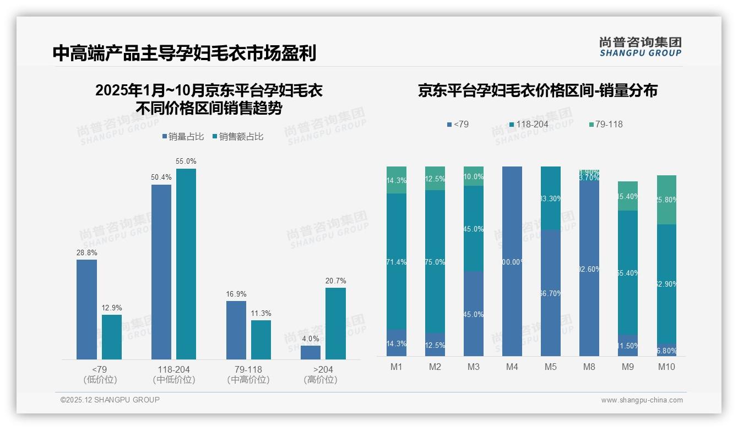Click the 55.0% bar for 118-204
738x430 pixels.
click(x=186, y=264)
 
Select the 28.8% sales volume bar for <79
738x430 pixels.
click(x=86, y=309)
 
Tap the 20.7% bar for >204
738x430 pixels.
click(x=335, y=324)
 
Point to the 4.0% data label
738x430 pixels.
click(x=311, y=338)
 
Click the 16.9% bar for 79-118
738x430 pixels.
click(x=236, y=330)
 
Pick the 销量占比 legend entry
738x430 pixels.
click(x=183, y=137)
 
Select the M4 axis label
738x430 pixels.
click(x=512, y=367)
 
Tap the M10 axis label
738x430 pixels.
click(x=666, y=367)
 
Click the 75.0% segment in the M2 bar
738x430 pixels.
click(x=435, y=262)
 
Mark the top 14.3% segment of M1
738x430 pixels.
click(x=397, y=180)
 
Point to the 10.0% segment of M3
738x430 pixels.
click(x=474, y=176)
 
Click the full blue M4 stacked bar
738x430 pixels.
click(x=512, y=261)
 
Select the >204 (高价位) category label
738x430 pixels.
click(x=320, y=374)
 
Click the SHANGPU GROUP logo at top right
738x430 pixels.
click(x=640, y=47)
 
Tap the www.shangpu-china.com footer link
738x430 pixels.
click(x=642, y=400)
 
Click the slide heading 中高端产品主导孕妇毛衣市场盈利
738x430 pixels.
click(x=184, y=53)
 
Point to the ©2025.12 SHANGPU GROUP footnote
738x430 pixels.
click(x=110, y=400)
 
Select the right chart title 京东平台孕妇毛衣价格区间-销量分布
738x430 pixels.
click(x=538, y=91)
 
